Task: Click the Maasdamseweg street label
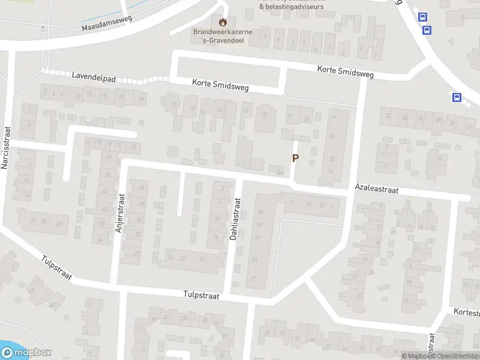tap(106, 23)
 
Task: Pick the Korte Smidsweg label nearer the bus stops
tap(345, 72)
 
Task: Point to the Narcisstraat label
tap(7, 148)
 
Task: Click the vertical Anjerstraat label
tap(119, 212)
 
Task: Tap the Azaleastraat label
tap(376, 188)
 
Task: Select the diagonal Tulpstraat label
tap(57, 268)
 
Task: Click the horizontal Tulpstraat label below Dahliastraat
tap(202, 296)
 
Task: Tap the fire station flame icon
tap(224, 22)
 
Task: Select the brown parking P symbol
tap(295, 158)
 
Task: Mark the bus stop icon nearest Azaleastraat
tap(457, 98)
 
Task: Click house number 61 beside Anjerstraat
tap(142, 188)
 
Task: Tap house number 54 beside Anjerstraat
tap(100, 240)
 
